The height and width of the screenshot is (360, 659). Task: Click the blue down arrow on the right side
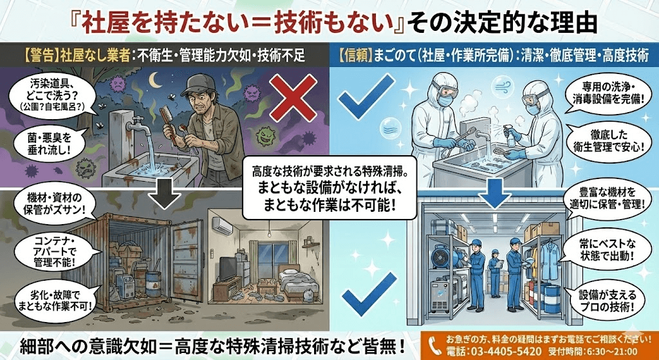(494, 193)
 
